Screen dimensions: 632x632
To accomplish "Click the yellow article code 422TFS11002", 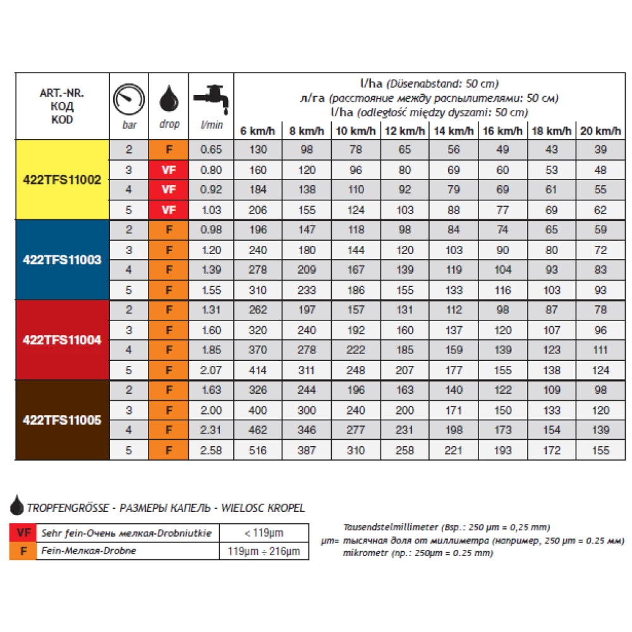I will tap(62, 179).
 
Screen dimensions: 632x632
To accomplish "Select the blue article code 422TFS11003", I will tap(62, 260).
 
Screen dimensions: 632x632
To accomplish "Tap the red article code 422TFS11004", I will tap(62, 339).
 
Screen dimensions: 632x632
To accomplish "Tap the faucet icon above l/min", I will tap(211, 99).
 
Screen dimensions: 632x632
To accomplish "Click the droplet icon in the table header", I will tap(169, 99).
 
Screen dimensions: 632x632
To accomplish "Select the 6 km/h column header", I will tap(258, 131).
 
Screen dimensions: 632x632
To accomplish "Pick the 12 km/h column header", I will tap(404, 131).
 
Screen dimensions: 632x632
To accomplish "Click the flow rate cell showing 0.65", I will tap(212, 150).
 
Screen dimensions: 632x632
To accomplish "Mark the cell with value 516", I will tap(258, 451).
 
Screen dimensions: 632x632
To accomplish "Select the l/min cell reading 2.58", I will tap(212, 451).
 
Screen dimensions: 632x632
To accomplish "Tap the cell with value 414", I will tap(258, 371).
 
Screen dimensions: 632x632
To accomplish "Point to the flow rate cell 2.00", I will tap(212, 410).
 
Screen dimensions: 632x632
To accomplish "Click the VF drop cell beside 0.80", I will tap(169, 170).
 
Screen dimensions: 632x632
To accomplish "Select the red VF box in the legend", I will tap(24, 532).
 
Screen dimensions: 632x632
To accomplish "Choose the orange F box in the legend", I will tap(24, 550).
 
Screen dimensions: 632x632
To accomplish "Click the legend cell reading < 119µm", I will tap(264, 532).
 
